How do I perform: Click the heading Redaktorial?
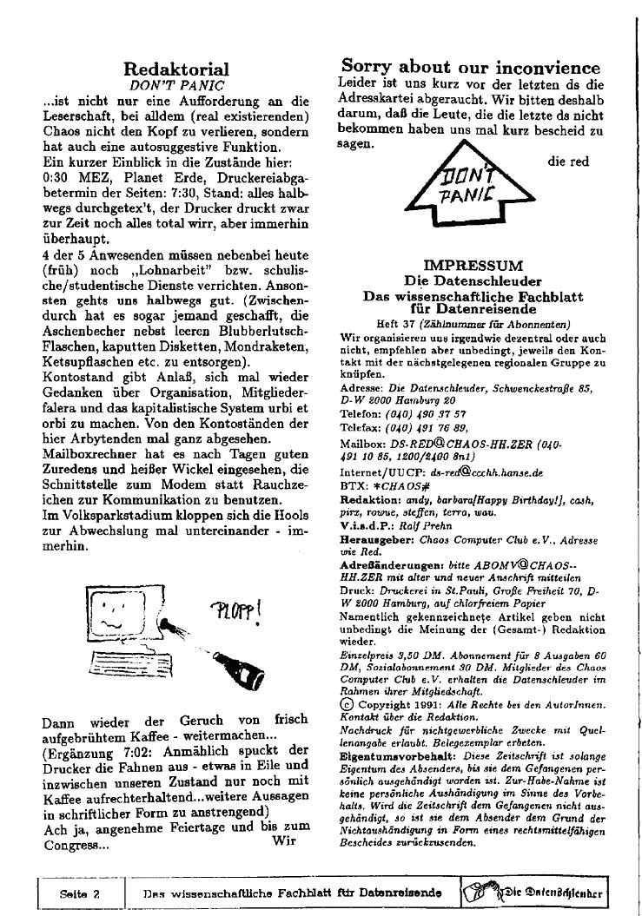click(x=176, y=69)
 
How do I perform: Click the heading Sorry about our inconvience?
click(x=471, y=67)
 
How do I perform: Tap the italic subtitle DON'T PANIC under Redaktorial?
click(x=176, y=86)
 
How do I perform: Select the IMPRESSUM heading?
click(x=473, y=266)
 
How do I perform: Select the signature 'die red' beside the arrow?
click(x=568, y=161)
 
